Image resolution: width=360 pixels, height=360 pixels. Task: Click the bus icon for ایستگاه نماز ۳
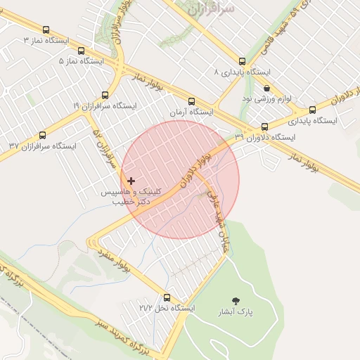tap(46, 30)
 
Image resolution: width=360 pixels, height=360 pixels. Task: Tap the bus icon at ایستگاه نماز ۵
tap(82, 51)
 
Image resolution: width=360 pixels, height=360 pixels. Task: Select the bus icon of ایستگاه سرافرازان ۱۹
tap(105, 95)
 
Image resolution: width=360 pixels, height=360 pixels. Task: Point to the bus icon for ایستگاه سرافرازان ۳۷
tap(42, 136)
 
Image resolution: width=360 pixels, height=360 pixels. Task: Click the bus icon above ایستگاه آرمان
tap(192, 102)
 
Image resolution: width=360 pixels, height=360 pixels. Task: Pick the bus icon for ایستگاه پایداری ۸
tap(243, 62)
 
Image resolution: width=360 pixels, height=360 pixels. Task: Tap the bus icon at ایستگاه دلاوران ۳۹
tap(264, 127)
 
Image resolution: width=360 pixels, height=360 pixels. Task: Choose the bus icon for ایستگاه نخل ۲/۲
tap(167, 297)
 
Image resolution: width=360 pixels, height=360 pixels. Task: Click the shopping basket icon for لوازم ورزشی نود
tap(266, 89)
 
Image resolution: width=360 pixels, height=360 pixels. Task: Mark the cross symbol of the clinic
tap(131, 181)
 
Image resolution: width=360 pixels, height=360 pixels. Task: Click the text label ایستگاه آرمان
tap(191, 112)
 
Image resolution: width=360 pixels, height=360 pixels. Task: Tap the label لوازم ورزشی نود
tap(257, 99)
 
